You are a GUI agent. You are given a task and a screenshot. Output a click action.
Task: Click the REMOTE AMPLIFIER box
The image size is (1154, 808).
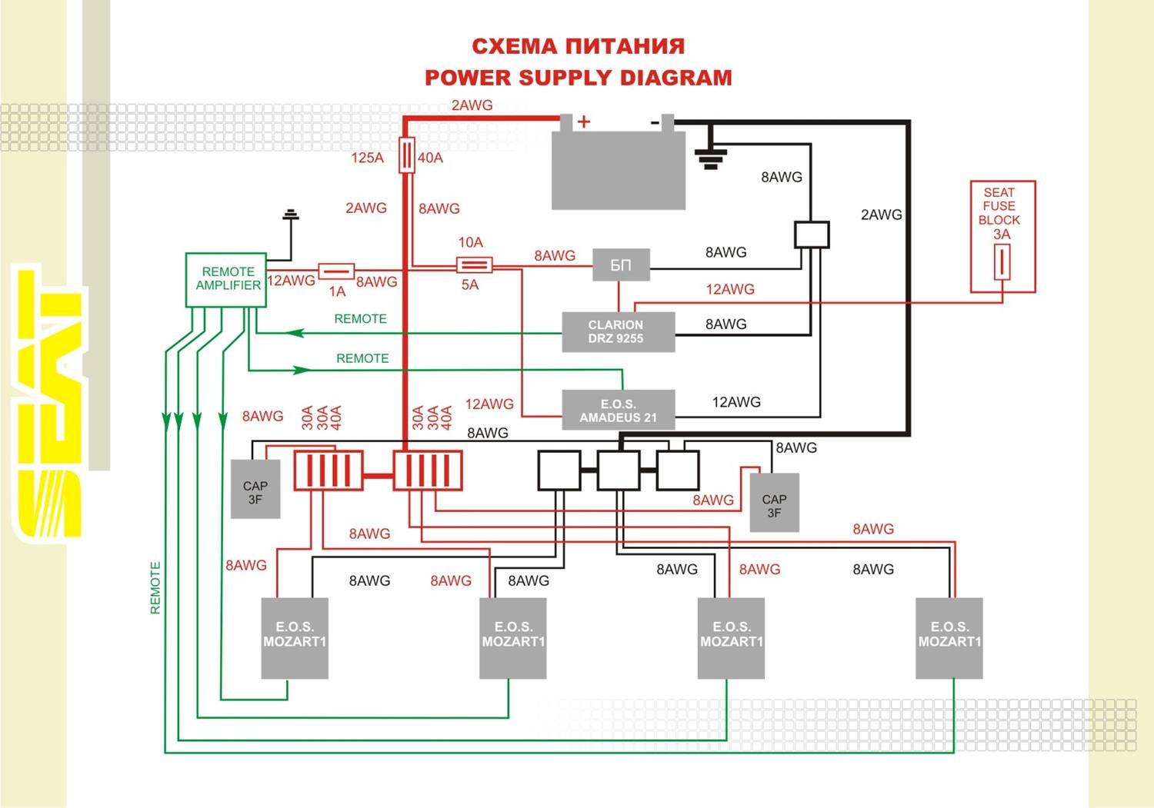[226, 280]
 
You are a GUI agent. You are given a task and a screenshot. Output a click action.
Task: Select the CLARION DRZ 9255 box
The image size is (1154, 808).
[618, 332]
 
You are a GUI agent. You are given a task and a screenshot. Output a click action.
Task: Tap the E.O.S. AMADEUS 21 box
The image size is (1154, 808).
[619, 411]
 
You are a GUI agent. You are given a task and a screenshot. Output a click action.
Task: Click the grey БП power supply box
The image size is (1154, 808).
[621, 265]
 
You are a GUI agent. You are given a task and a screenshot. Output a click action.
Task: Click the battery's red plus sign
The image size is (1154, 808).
[584, 121]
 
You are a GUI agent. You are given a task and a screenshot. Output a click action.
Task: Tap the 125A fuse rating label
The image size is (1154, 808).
[367, 158]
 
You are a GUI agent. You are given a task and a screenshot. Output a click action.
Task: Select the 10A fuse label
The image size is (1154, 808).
[470, 243]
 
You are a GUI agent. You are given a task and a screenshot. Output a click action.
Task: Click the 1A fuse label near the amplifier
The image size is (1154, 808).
[337, 292]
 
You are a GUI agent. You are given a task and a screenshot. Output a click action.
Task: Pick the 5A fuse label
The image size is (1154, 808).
[469, 285]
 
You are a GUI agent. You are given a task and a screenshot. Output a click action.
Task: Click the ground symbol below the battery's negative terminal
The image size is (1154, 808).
[710, 158]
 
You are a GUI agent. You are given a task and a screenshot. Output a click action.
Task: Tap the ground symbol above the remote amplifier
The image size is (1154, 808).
[291, 214]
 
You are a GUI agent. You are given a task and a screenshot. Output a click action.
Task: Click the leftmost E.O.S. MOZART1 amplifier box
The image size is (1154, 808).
[295, 638]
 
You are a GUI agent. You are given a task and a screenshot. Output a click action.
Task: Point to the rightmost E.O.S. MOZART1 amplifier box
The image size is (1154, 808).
[949, 638]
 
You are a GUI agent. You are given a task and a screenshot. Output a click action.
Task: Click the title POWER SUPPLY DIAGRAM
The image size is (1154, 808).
[578, 78]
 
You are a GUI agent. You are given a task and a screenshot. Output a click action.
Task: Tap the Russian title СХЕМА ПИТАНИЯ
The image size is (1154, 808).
[578, 46]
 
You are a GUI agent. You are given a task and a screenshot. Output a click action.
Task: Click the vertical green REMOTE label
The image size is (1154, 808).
[155, 588]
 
